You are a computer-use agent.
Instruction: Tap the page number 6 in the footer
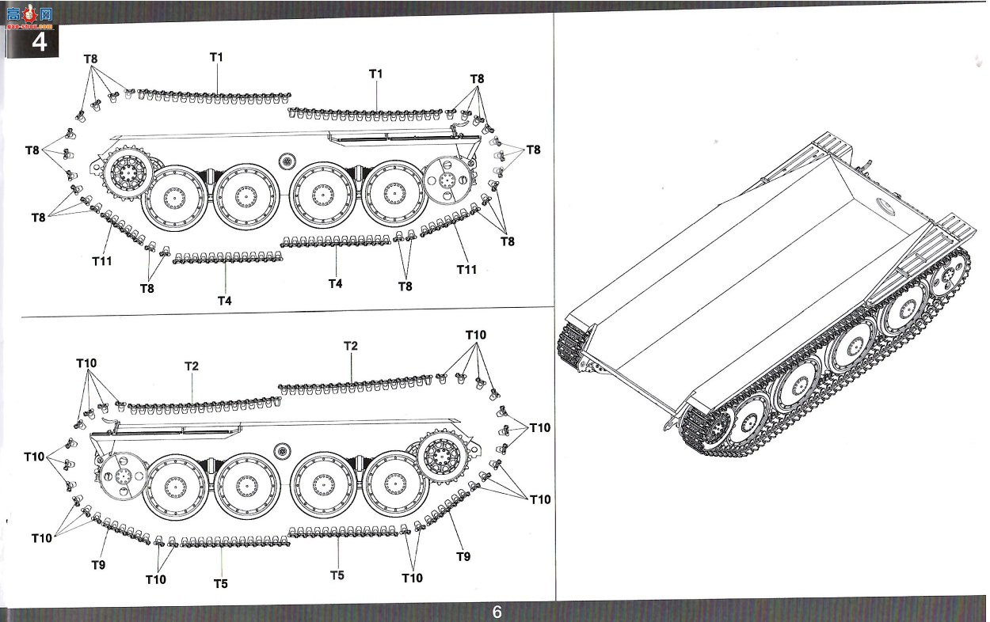[x=497, y=612]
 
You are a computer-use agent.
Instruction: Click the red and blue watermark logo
[x=29, y=17]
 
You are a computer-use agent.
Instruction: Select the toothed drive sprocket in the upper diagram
[x=128, y=173]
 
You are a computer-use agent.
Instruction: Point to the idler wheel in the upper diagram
[x=447, y=180]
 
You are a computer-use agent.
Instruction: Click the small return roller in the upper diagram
[x=287, y=161]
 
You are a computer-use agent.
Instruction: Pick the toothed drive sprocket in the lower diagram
[x=444, y=456]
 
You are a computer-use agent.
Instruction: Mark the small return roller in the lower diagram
[x=281, y=451]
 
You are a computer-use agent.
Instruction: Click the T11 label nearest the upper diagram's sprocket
[x=102, y=261]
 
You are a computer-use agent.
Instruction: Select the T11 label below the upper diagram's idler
[x=466, y=269]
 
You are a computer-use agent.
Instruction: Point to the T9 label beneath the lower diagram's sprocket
[x=463, y=556]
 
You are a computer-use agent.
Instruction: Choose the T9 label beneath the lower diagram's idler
[x=98, y=565]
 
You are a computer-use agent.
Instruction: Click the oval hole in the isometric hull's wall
[x=885, y=207]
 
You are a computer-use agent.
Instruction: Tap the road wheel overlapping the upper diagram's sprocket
[x=175, y=198]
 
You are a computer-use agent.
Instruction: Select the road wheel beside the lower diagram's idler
[x=176, y=487]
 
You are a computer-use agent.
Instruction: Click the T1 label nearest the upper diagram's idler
[x=375, y=74]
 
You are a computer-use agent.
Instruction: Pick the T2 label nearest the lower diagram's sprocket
[x=351, y=346]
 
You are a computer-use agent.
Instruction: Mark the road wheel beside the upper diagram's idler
[x=394, y=193]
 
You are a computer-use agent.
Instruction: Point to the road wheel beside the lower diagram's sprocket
[x=395, y=484]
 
